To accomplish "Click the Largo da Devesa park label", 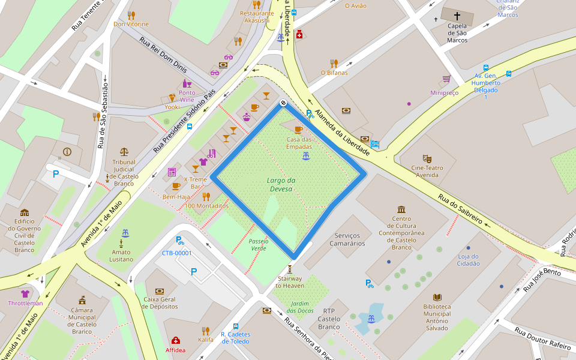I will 281,184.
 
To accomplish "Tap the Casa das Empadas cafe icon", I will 298,130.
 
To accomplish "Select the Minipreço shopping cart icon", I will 446,79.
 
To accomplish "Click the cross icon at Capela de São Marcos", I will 457,16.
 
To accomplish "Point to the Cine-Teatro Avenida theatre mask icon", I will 427,158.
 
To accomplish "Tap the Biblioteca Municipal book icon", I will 437,297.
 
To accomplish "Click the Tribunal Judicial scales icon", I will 124,152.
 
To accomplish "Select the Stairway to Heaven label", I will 290,282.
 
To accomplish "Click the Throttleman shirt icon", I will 25,294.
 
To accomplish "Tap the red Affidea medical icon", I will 176,340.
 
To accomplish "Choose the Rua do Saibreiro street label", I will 460,209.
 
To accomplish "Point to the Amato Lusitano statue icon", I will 121,244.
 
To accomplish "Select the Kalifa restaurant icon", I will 206,331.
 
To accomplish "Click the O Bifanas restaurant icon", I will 334,63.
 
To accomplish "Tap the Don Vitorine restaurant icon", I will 131,15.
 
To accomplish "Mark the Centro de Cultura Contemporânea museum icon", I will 401,209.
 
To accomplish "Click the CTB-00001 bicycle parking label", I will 176,253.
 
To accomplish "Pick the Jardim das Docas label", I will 300,307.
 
